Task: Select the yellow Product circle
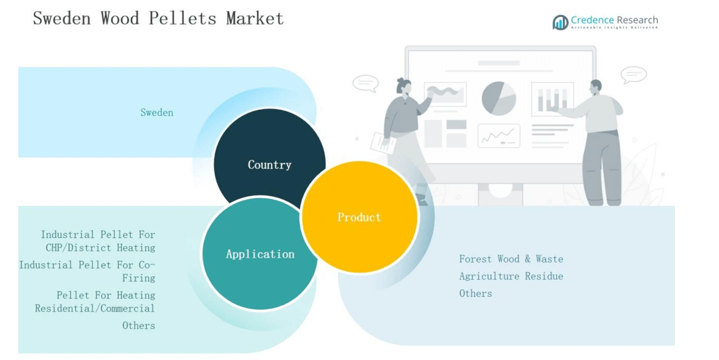point(359,217)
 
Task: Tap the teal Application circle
point(260,254)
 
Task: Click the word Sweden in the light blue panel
point(157,113)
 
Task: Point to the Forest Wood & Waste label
point(511,259)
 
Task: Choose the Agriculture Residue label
point(511,276)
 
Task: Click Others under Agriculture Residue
point(475,294)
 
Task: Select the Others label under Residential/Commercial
point(138,325)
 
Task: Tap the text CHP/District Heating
point(100,248)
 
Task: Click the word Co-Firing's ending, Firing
point(138,279)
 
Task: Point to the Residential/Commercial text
point(95,308)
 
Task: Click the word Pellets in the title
point(182,18)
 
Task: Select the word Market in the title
point(255,18)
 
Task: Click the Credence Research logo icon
point(560,22)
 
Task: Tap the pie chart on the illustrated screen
point(499,98)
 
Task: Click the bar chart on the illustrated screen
point(553,99)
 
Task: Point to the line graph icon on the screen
point(499,136)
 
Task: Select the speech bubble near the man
point(634,75)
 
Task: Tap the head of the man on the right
point(596,87)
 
